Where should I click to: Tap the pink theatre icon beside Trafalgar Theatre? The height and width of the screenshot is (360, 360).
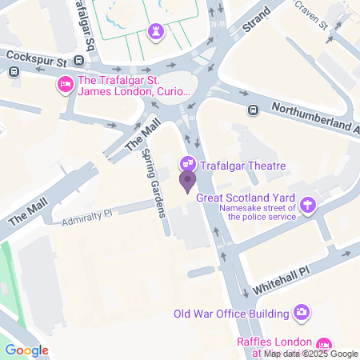pos(187,165)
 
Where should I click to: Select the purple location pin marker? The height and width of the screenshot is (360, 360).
pos(187,182)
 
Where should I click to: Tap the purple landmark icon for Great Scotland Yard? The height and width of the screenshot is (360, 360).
pos(308,205)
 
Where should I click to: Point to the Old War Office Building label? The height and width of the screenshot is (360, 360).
pos(230,312)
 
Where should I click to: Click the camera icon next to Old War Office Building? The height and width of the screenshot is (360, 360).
pos(302,311)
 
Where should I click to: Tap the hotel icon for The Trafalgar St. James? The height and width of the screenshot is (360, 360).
pos(65,84)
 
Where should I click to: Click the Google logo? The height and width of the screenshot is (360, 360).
pos(26,350)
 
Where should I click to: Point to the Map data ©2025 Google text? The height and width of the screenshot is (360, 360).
pos(311,354)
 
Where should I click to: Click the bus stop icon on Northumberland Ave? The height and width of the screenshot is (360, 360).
pos(253,110)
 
